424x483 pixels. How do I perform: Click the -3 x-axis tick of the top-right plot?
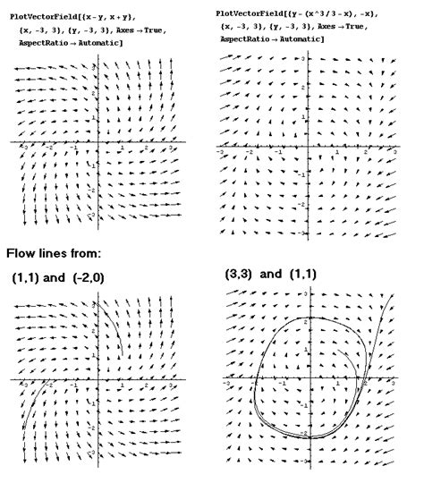pos(221,153)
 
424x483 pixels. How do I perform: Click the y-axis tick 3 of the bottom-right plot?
pos(305,294)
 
